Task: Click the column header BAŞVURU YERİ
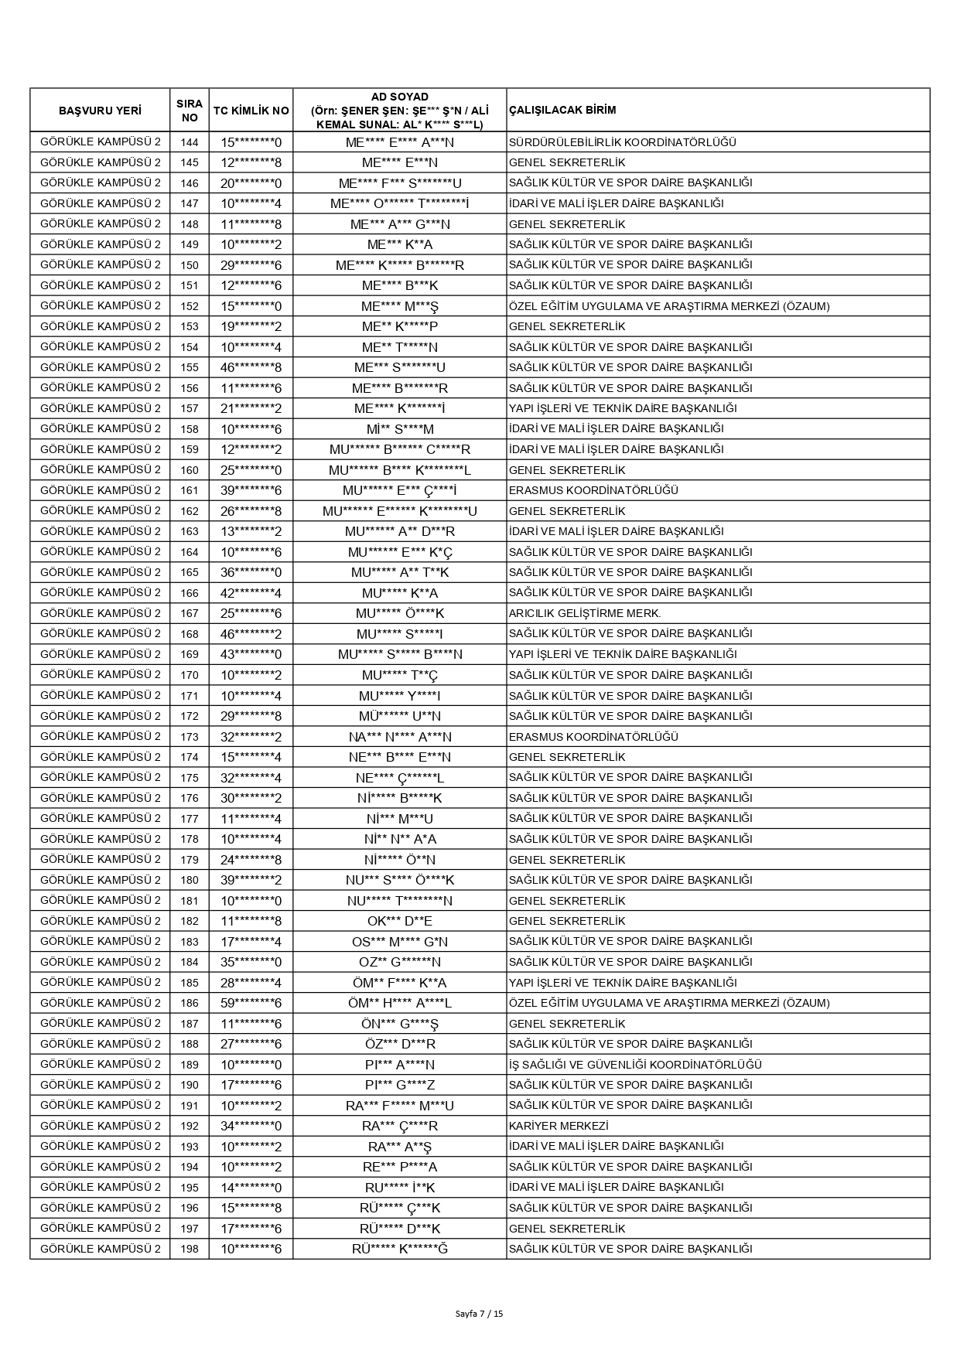(x=100, y=111)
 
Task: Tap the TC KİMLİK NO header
(x=251, y=111)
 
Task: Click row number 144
(x=190, y=142)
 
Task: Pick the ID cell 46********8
(x=251, y=367)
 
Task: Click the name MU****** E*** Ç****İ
(x=400, y=490)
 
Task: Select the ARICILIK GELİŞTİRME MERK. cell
(x=585, y=613)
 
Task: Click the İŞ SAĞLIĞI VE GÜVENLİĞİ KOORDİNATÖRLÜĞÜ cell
(x=635, y=1065)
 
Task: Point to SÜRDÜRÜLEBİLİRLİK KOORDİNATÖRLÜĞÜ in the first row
(x=622, y=142)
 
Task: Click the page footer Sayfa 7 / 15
(x=480, y=1313)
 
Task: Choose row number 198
(x=190, y=1249)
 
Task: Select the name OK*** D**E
(x=400, y=921)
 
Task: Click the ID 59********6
(x=251, y=1003)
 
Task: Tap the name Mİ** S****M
(x=400, y=428)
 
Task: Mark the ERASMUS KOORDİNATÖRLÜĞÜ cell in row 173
(x=593, y=736)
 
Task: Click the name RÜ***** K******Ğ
(x=400, y=1249)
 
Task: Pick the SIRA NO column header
(x=190, y=111)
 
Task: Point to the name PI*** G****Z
(x=400, y=1085)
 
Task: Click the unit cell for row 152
(x=669, y=306)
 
